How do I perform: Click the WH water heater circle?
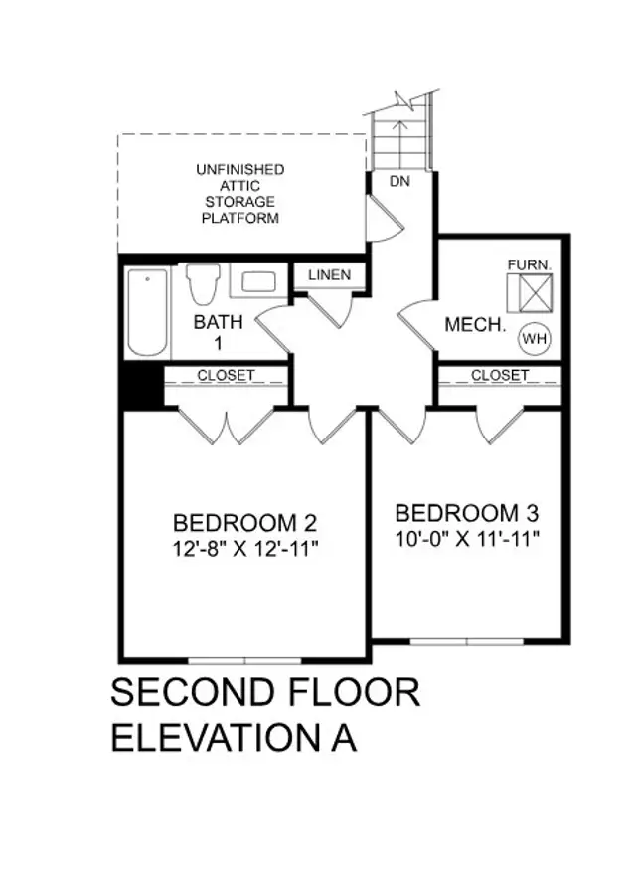(535, 338)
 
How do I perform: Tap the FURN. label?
(530, 264)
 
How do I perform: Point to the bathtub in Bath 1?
(147, 312)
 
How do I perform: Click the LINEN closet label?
(329, 275)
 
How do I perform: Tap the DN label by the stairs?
(399, 181)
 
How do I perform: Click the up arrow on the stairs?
(398, 143)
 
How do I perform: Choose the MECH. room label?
(475, 324)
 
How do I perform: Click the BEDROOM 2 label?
(244, 523)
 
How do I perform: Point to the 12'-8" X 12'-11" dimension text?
(244, 549)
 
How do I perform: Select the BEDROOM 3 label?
(467, 513)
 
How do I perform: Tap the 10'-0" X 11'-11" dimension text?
(467, 539)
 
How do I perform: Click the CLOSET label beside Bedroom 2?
(226, 375)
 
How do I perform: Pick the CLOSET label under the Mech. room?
(500, 375)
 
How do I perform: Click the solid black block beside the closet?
(141, 386)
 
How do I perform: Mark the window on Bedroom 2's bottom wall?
(244, 660)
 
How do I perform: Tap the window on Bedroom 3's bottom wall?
(467, 641)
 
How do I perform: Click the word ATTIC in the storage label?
(239, 186)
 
